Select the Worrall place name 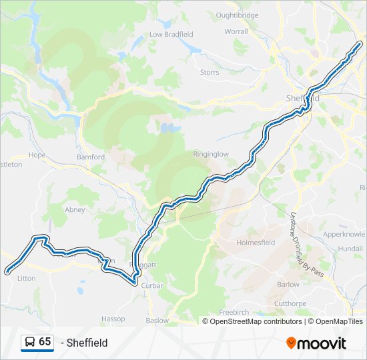(x=236, y=31)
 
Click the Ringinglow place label (x=210, y=154)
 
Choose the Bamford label (x=91, y=157)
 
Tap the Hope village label (x=37, y=155)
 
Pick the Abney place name (x=75, y=209)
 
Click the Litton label (x=27, y=279)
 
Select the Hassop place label (x=113, y=319)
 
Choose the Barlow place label (x=288, y=284)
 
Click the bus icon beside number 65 (x=29, y=342)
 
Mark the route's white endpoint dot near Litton (x=7, y=271)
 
